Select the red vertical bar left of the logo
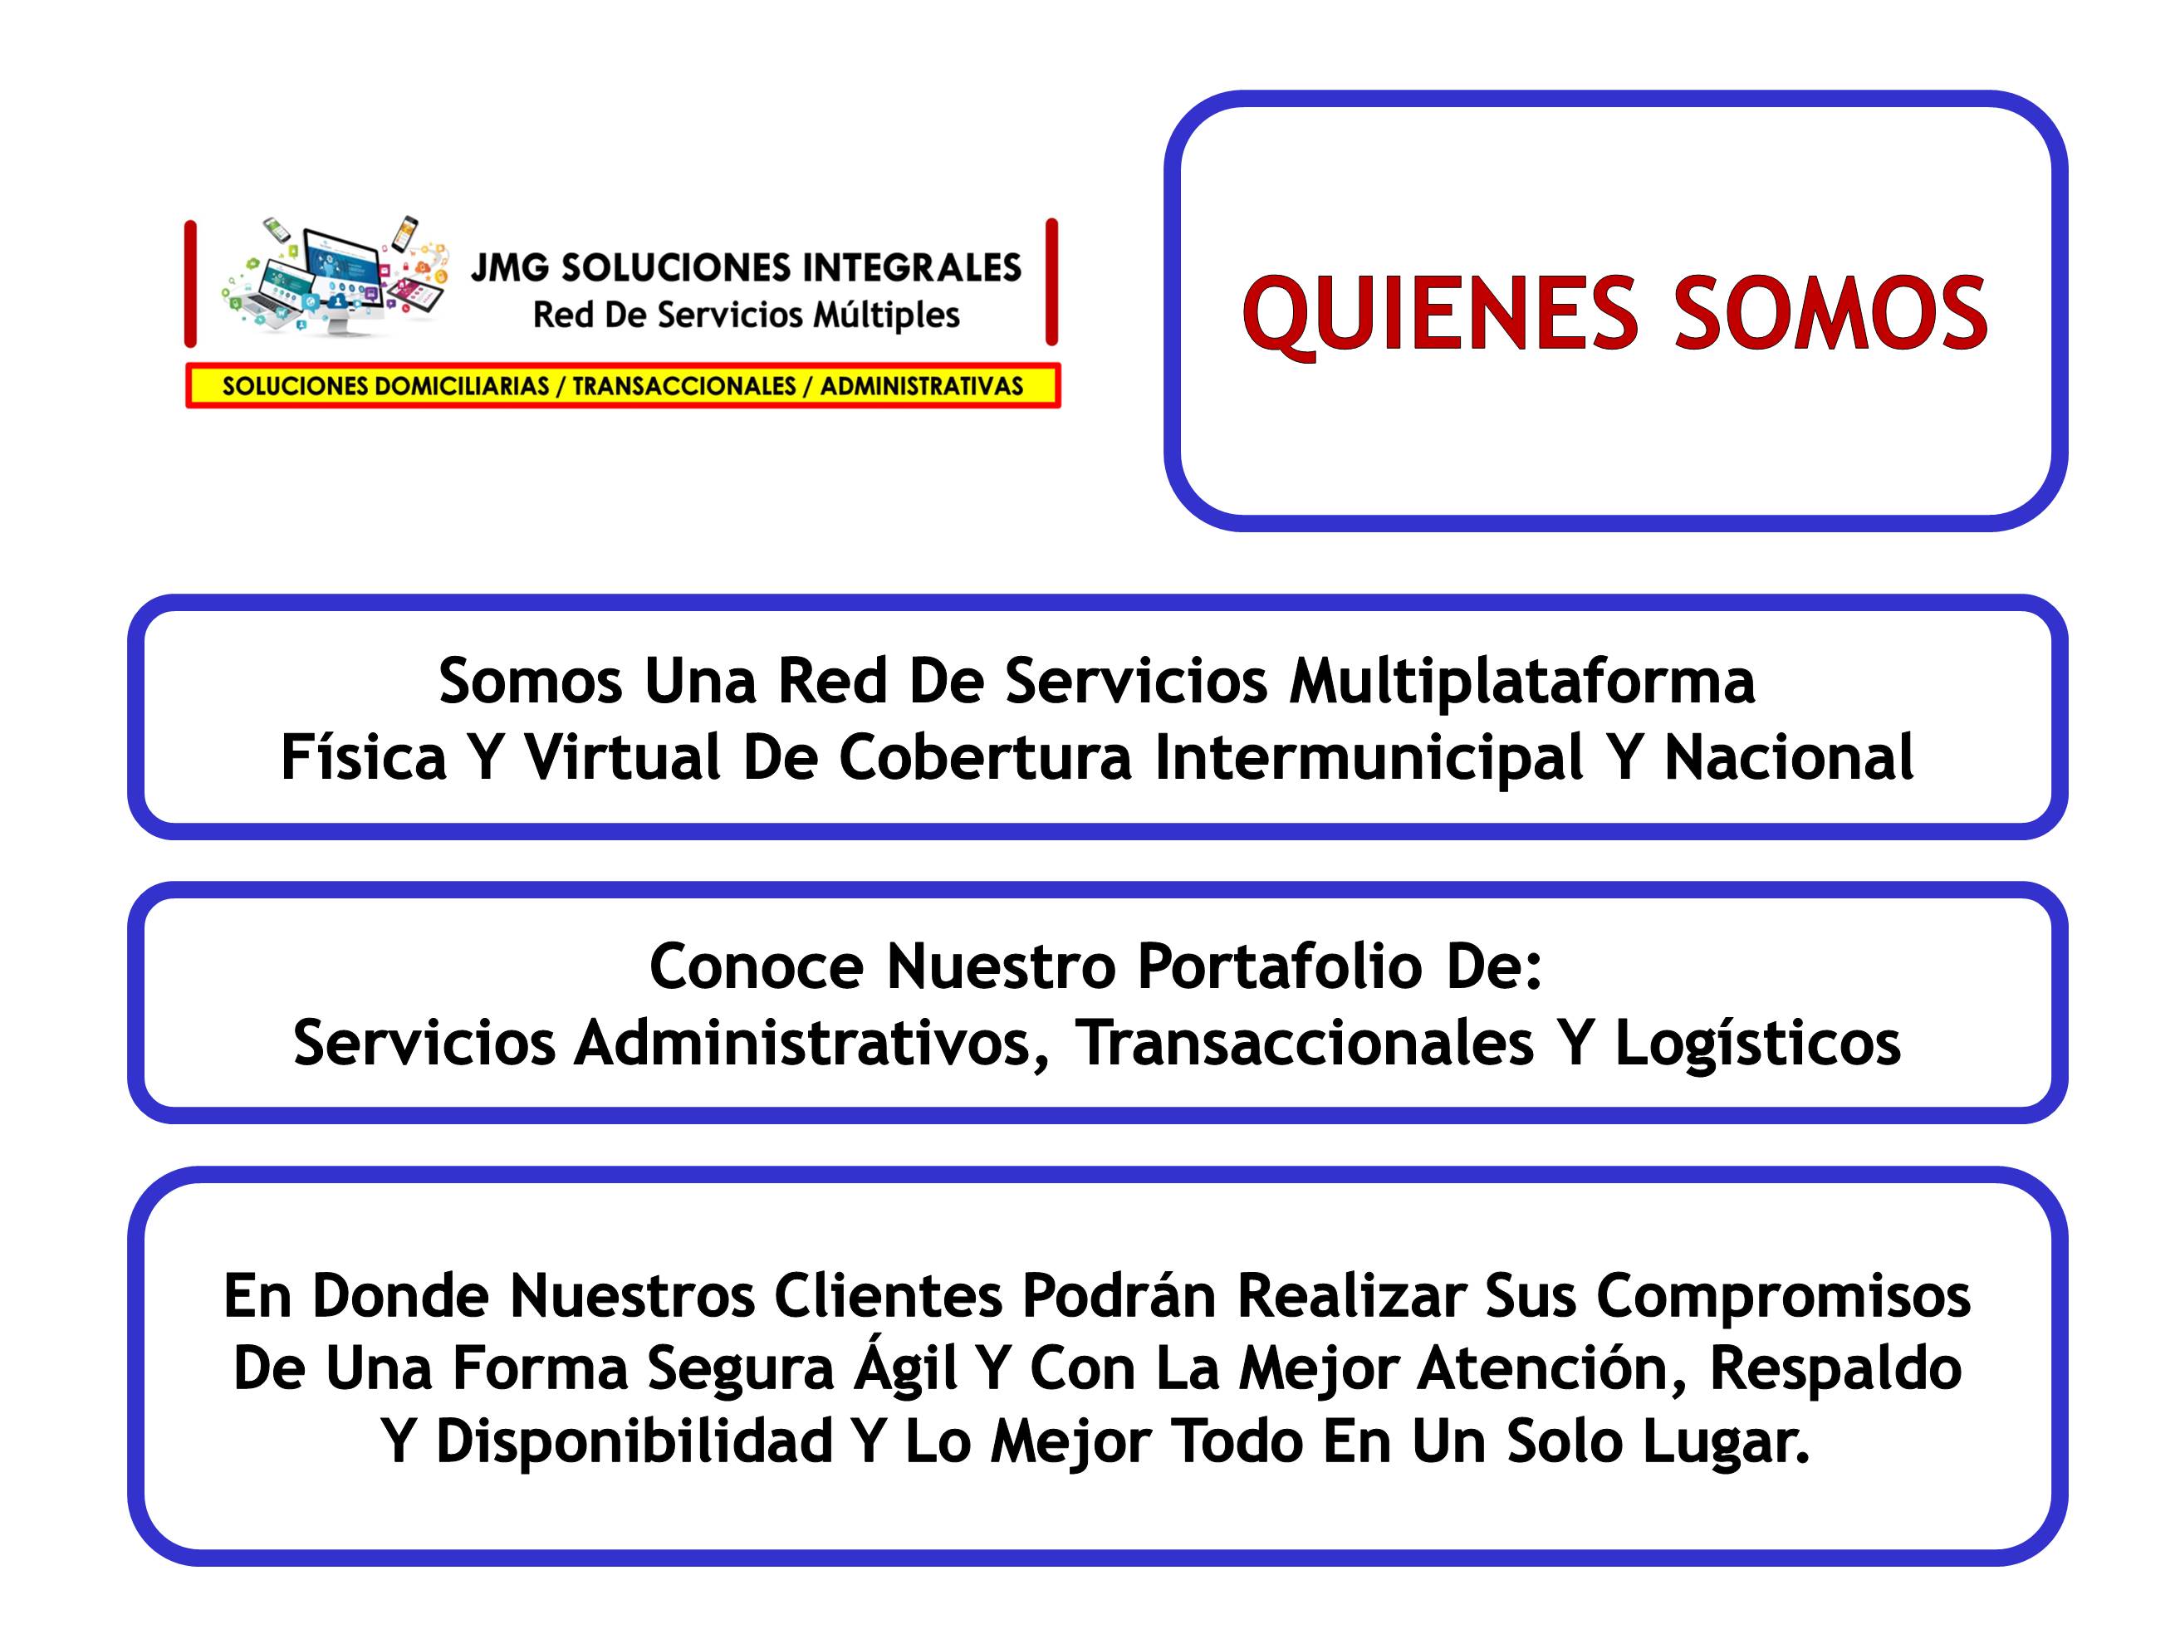(190, 284)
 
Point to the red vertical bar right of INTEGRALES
(1051, 283)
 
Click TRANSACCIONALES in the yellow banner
(684, 386)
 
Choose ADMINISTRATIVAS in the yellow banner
(922, 386)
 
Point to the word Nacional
(1789, 757)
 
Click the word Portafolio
(1281, 966)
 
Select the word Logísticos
(1757, 1044)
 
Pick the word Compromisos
(1784, 1296)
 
